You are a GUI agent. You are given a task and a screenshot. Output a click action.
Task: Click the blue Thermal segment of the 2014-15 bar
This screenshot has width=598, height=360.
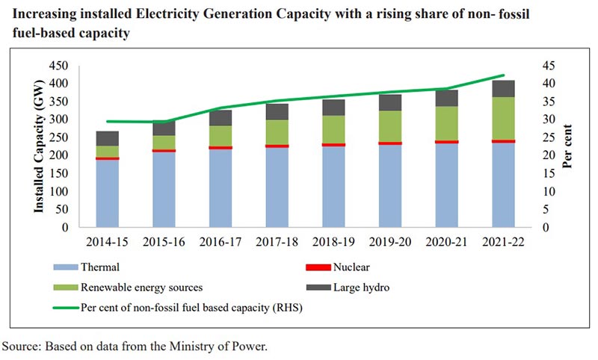(108, 193)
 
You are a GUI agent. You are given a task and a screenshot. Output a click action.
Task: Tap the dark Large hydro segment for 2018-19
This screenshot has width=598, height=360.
(334, 107)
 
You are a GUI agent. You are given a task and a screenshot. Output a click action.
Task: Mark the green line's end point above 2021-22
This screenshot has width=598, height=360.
(503, 75)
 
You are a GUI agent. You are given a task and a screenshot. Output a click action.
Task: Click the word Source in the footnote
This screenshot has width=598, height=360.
(21, 347)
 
